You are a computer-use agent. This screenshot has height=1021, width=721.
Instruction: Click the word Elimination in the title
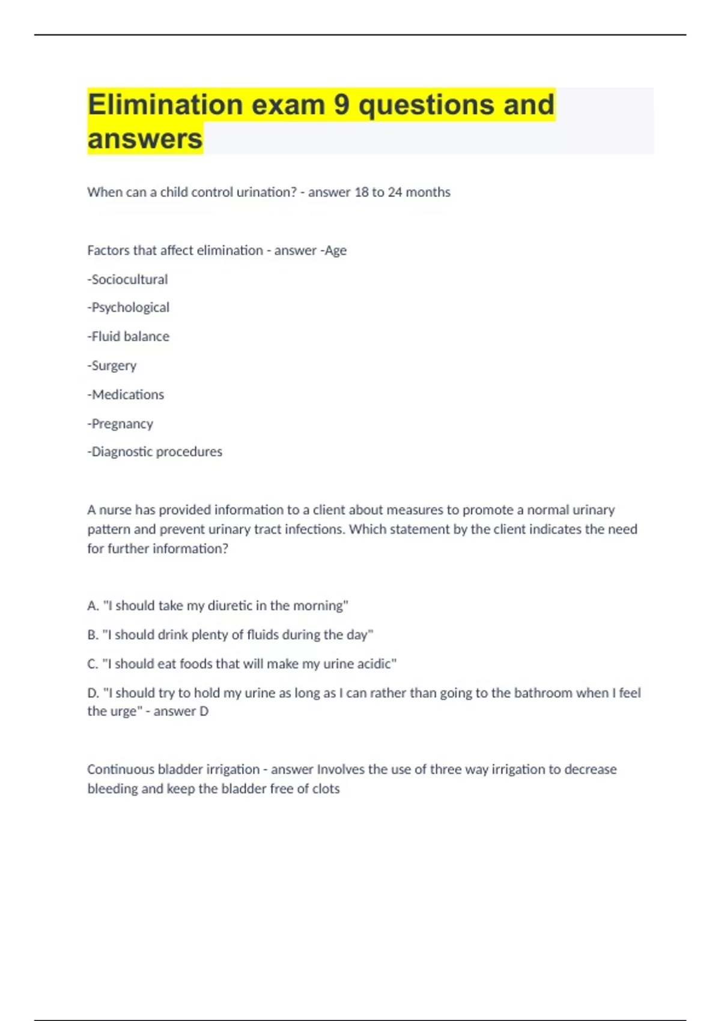click(165, 105)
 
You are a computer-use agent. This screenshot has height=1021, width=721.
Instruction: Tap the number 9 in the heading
click(341, 105)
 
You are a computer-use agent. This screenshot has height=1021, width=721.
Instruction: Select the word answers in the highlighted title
click(145, 139)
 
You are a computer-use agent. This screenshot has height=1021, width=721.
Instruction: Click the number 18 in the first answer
click(361, 192)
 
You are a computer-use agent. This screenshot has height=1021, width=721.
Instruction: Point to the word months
click(428, 192)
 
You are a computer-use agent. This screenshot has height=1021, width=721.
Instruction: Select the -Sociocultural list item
click(127, 279)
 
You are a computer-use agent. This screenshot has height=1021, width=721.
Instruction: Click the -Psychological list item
click(128, 308)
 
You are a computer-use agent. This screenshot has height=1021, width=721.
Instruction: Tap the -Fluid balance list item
click(128, 336)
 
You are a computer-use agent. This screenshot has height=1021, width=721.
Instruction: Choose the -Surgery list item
click(112, 365)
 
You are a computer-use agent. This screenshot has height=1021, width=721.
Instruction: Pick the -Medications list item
click(126, 395)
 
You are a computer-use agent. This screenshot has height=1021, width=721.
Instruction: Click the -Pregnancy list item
click(120, 423)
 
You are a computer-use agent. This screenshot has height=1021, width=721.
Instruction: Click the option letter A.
click(93, 606)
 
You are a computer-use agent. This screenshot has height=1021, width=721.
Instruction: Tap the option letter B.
click(93, 635)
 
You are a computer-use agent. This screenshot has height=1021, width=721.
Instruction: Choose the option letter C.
click(93, 664)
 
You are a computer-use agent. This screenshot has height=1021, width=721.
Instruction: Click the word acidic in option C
click(375, 664)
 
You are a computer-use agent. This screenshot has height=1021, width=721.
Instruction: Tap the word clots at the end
click(326, 789)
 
